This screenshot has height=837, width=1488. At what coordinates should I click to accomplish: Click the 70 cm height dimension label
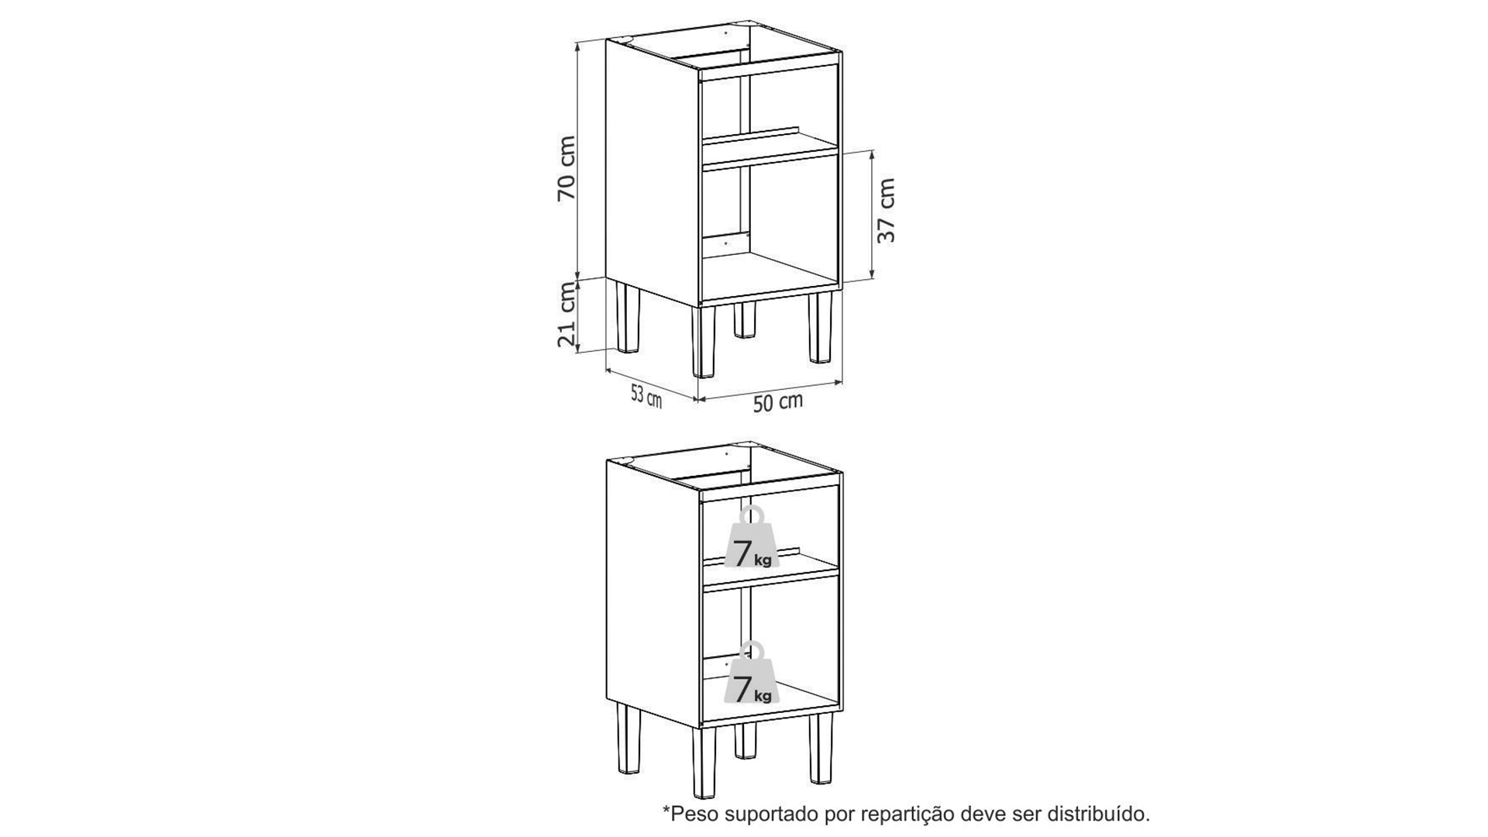567,168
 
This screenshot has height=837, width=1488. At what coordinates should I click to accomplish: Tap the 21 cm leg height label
567,314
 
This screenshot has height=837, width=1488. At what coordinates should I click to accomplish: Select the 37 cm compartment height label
887,210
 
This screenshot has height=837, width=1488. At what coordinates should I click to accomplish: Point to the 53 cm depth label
646,397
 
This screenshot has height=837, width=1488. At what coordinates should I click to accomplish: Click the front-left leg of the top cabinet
704,341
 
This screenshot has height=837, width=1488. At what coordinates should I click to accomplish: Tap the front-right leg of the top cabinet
820,326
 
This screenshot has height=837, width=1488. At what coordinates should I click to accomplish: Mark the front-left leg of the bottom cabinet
704,764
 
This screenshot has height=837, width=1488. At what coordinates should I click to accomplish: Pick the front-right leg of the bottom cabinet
820,749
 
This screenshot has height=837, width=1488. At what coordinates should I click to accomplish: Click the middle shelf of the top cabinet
769,153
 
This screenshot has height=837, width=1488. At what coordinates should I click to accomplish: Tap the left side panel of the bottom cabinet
653,592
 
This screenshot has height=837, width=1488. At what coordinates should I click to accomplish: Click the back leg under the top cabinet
745,319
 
